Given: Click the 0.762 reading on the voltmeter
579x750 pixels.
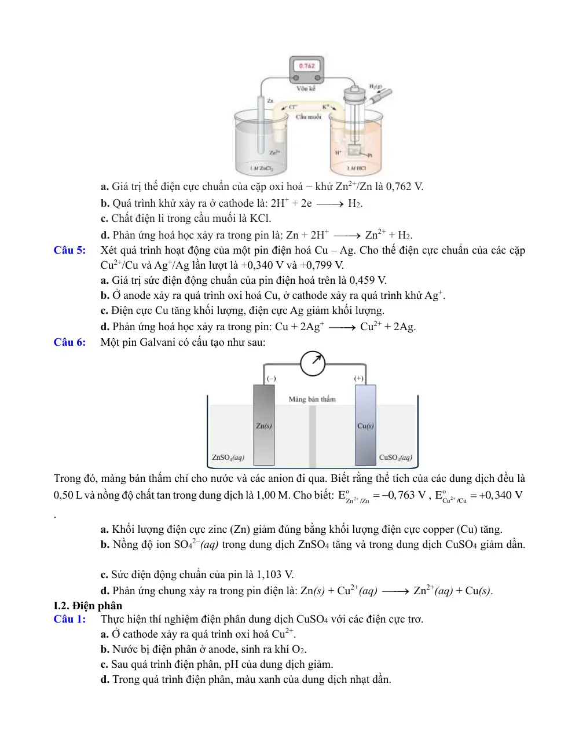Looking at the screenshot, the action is coord(307,66).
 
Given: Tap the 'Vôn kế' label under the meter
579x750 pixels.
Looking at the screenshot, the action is coord(306,89).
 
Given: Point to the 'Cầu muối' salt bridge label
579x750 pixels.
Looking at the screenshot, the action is coord(308,116).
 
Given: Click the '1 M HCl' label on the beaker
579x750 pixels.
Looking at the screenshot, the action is coord(357,168).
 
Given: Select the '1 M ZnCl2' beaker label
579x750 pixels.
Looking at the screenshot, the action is coord(262,169).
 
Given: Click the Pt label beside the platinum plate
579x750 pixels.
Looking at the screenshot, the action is coord(370,155).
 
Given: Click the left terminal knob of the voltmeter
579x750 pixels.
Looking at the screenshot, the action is coord(296,78).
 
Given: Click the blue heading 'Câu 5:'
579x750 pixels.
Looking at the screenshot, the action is coord(69,250).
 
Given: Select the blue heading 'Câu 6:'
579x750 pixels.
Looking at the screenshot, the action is coord(69,342).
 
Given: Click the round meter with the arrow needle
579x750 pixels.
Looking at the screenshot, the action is coord(313,364).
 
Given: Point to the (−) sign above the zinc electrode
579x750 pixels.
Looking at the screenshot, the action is coord(272,379).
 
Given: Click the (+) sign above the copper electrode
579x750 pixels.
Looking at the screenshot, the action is coord(359,378).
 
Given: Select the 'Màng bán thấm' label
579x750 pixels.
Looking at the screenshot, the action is coord(312,400).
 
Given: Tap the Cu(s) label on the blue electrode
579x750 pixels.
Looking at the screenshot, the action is coord(365,426).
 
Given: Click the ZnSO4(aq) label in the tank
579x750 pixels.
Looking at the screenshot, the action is coord(228,458).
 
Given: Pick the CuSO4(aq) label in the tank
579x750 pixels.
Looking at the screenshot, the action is coord(395,458).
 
